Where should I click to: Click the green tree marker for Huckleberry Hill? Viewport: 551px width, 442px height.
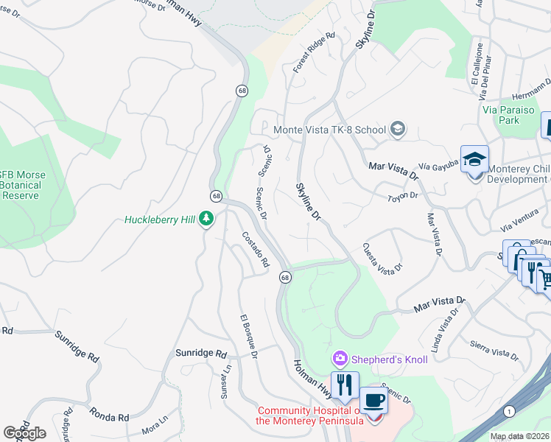(x=208, y=219)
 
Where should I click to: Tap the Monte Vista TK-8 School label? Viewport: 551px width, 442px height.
(x=329, y=130)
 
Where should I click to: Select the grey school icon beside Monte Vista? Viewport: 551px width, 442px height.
(x=398, y=130)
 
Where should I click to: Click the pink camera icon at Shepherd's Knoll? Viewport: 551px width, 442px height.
(x=340, y=359)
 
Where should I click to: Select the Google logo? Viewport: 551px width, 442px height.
(x=25, y=432)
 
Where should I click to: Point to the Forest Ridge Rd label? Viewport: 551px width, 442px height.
(x=313, y=52)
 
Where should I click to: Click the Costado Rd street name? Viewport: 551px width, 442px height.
(x=256, y=249)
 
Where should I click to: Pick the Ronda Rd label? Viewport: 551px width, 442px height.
(x=109, y=415)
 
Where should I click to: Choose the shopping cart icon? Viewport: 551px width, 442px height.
(x=544, y=278)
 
